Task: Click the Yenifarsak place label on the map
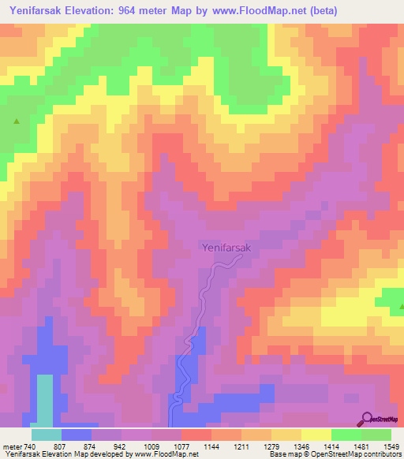225,247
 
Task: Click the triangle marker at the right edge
398,304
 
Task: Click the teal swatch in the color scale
47,435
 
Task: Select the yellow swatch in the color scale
316,435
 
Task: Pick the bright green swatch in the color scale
346,435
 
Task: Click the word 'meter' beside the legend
9,446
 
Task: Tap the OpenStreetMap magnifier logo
368,419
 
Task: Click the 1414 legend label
321,446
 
